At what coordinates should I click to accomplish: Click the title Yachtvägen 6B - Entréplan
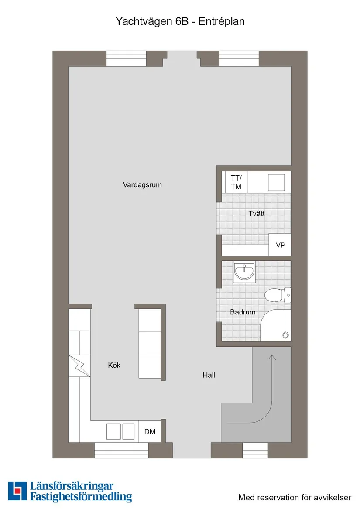click(180, 21)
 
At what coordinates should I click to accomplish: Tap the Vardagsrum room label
click(142, 185)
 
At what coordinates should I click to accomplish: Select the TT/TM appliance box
click(236, 182)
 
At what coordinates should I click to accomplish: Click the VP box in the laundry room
click(280, 245)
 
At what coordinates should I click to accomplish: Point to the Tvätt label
click(257, 214)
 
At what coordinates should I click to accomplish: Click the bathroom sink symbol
click(244, 273)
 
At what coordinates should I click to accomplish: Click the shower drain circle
click(285, 335)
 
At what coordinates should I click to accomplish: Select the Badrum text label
click(243, 312)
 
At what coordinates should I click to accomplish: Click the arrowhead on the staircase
click(272, 358)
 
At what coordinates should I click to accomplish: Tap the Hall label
click(209, 375)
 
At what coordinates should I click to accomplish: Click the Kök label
click(114, 366)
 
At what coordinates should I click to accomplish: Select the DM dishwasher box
click(150, 432)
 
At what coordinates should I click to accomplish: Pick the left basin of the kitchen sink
click(114, 431)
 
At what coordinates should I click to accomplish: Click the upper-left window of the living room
click(126, 58)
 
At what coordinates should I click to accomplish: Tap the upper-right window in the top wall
click(239, 58)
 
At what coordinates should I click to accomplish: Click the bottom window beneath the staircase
click(255, 450)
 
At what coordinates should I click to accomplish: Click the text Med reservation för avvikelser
click(295, 497)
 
